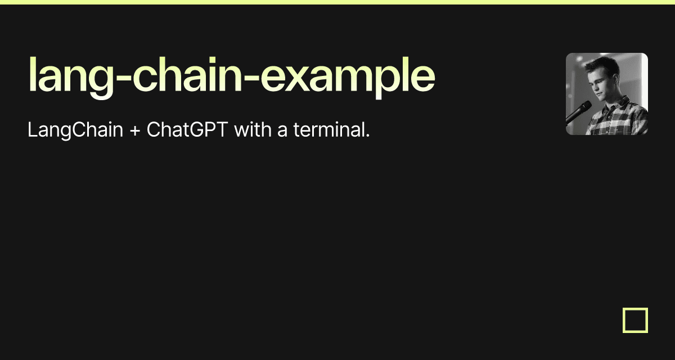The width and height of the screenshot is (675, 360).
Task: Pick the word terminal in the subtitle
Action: pyautogui.click(x=328, y=130)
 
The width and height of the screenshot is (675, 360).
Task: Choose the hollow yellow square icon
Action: pyautogui.click(x=635, y=320)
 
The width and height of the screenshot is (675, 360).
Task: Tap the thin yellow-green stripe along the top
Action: pyautogui.click(x=337, y=2)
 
